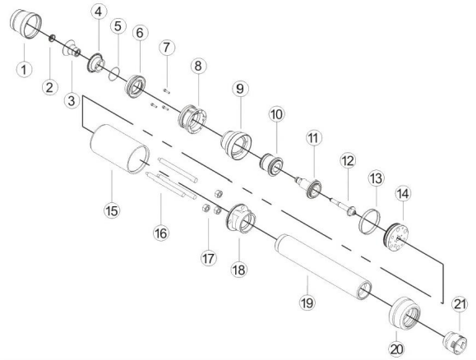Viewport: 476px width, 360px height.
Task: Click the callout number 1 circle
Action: tap(25, 70)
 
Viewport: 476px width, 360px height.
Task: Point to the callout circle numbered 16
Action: tap(160, 233)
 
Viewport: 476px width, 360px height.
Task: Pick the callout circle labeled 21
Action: tap(460, 306)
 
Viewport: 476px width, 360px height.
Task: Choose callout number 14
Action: tap(404, 194)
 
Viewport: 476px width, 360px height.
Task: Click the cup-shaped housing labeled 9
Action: tap(235, 143)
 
